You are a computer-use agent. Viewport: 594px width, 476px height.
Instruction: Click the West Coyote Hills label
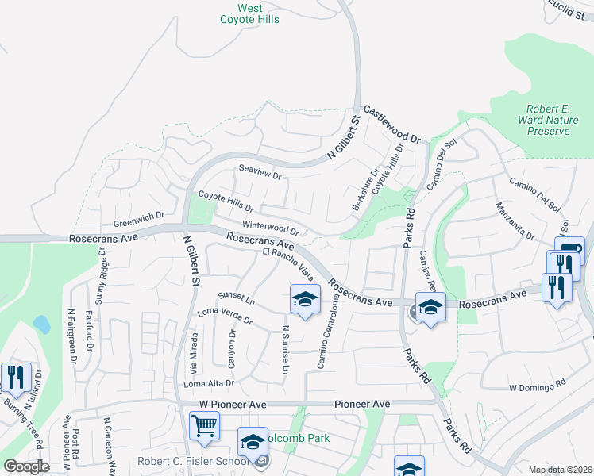tap(250, 13)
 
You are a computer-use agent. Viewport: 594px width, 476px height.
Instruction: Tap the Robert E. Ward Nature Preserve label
tap(549, 120)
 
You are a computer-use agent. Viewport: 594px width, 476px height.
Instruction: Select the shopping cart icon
tap(204, 425)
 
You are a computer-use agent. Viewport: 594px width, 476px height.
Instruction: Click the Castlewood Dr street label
tap(391, 125)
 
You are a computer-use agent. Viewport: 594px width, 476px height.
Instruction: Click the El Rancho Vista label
tap(288, 265)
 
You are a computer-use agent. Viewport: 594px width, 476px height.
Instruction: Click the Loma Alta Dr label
tap(209, 383)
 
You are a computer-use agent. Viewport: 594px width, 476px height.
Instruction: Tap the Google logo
tap(26, 466)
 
